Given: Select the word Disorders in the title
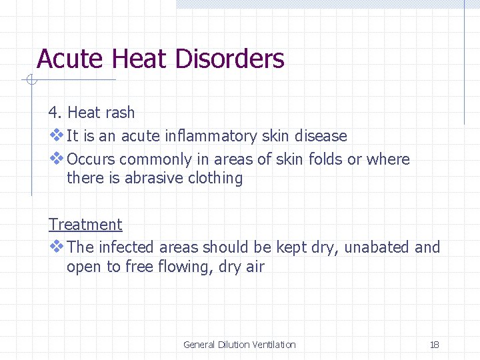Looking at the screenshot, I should coord(229,59).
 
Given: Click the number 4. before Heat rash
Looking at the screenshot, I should coord(55,113).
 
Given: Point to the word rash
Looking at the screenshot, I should coord(119,113).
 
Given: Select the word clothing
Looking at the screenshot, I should coord(217,178).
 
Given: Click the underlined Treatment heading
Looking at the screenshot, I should coord(85,225).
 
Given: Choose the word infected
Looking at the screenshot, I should coord(126,247).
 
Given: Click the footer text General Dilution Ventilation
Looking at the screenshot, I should coord(239,345).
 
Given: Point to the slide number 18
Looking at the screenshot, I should coord(434,345).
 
